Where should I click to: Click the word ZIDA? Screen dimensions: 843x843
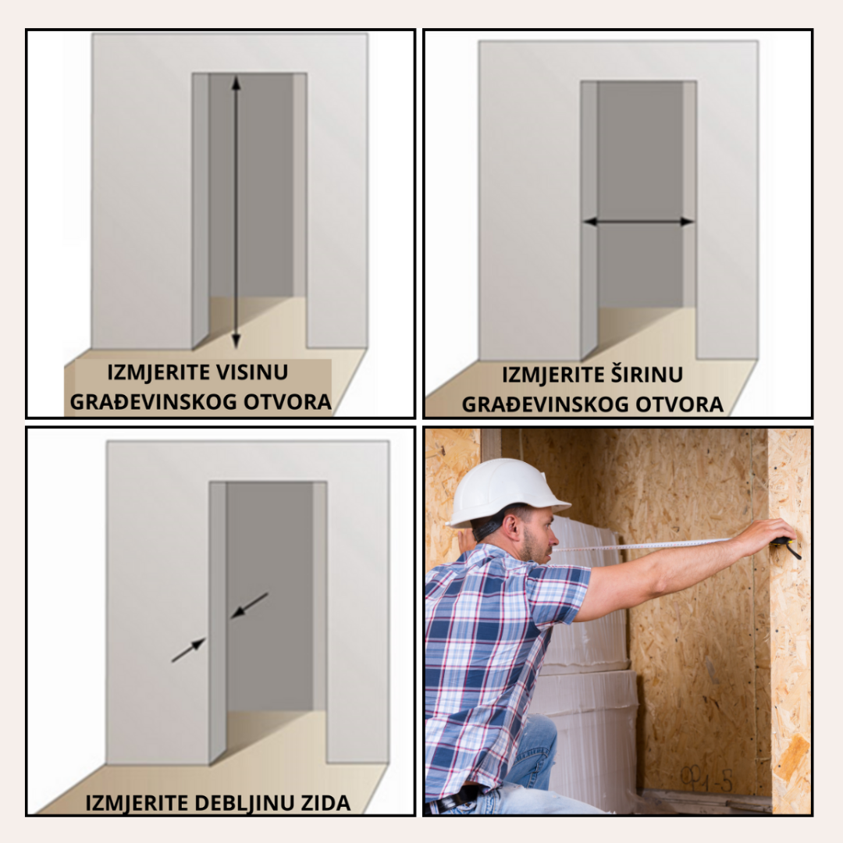325,803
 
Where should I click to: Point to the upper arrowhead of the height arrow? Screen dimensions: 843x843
236,83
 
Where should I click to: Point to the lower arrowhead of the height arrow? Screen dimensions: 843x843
236,341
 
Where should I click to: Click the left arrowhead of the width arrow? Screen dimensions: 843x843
591,222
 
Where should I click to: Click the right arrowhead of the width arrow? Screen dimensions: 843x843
687,222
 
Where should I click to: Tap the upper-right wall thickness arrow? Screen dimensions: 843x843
250,606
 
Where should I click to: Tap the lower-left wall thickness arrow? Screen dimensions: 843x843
189,650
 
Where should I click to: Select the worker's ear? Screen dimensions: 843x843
514,527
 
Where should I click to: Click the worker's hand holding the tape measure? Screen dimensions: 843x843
769,535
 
